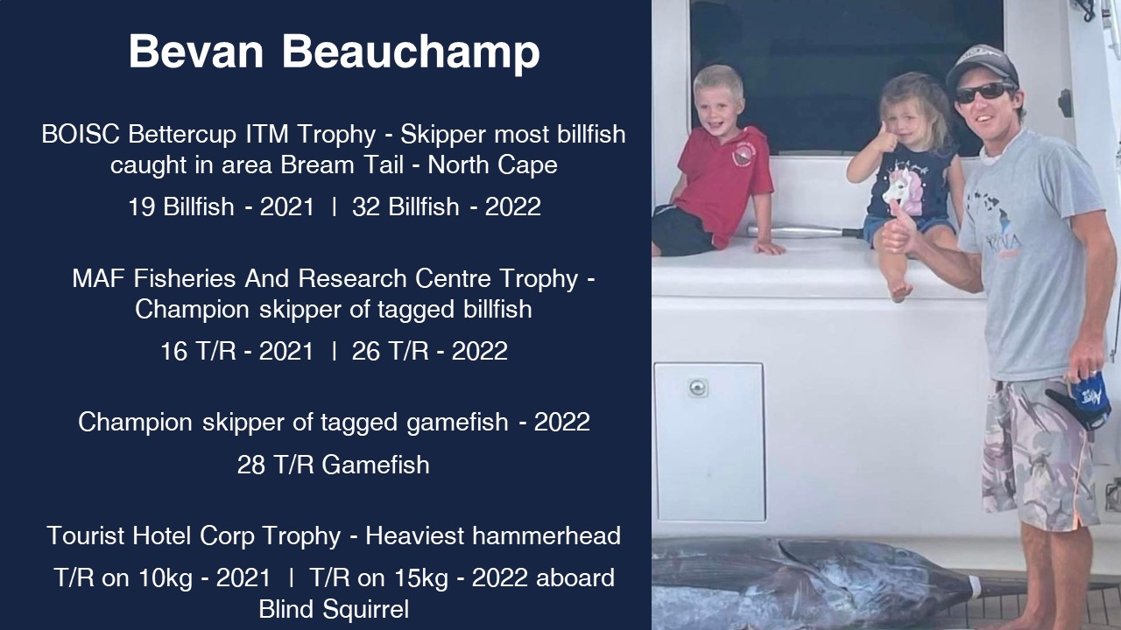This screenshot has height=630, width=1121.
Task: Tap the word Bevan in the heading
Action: point(195,52)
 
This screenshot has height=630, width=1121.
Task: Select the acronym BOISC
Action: point(81,134)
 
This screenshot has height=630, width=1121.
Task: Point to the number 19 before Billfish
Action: point(142,206)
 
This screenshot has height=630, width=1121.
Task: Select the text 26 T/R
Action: point(391,351)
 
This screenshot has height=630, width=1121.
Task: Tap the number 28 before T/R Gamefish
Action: point(250,465)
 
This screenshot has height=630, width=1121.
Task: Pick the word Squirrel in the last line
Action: point(366,609)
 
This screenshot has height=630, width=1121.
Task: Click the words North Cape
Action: point(492,165)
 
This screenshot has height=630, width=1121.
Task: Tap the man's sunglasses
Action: point(984,93)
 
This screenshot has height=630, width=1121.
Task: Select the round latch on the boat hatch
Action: point(697,388)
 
